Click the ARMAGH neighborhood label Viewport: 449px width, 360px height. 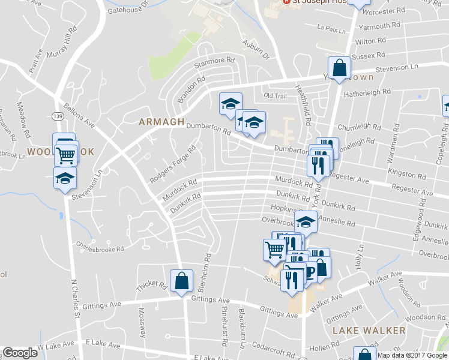161,122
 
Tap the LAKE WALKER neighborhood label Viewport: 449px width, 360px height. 369,331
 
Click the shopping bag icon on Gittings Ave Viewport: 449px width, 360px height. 181,281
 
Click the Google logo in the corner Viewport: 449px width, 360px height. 20,353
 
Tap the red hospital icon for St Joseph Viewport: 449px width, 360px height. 286,2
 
